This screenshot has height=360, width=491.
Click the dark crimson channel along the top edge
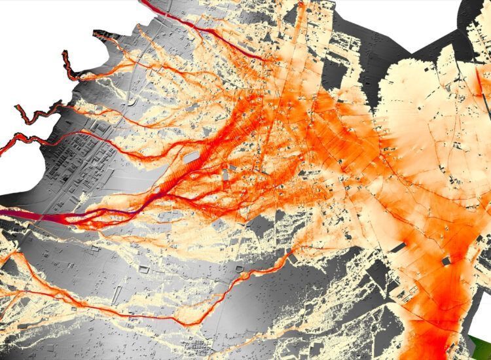point(196,26)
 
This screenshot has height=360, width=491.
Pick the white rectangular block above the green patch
point(481,314)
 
